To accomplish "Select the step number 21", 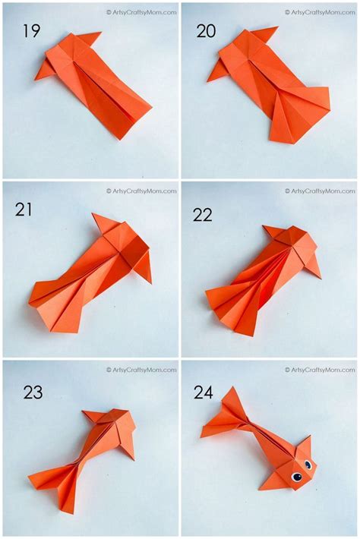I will click(24, 210).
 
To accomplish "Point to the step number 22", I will click(203, 215).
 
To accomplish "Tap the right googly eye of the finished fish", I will click(308, 464).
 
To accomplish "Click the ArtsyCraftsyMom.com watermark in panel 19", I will click(141, 12).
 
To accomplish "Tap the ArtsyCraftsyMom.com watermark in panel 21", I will click(141, 191).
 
